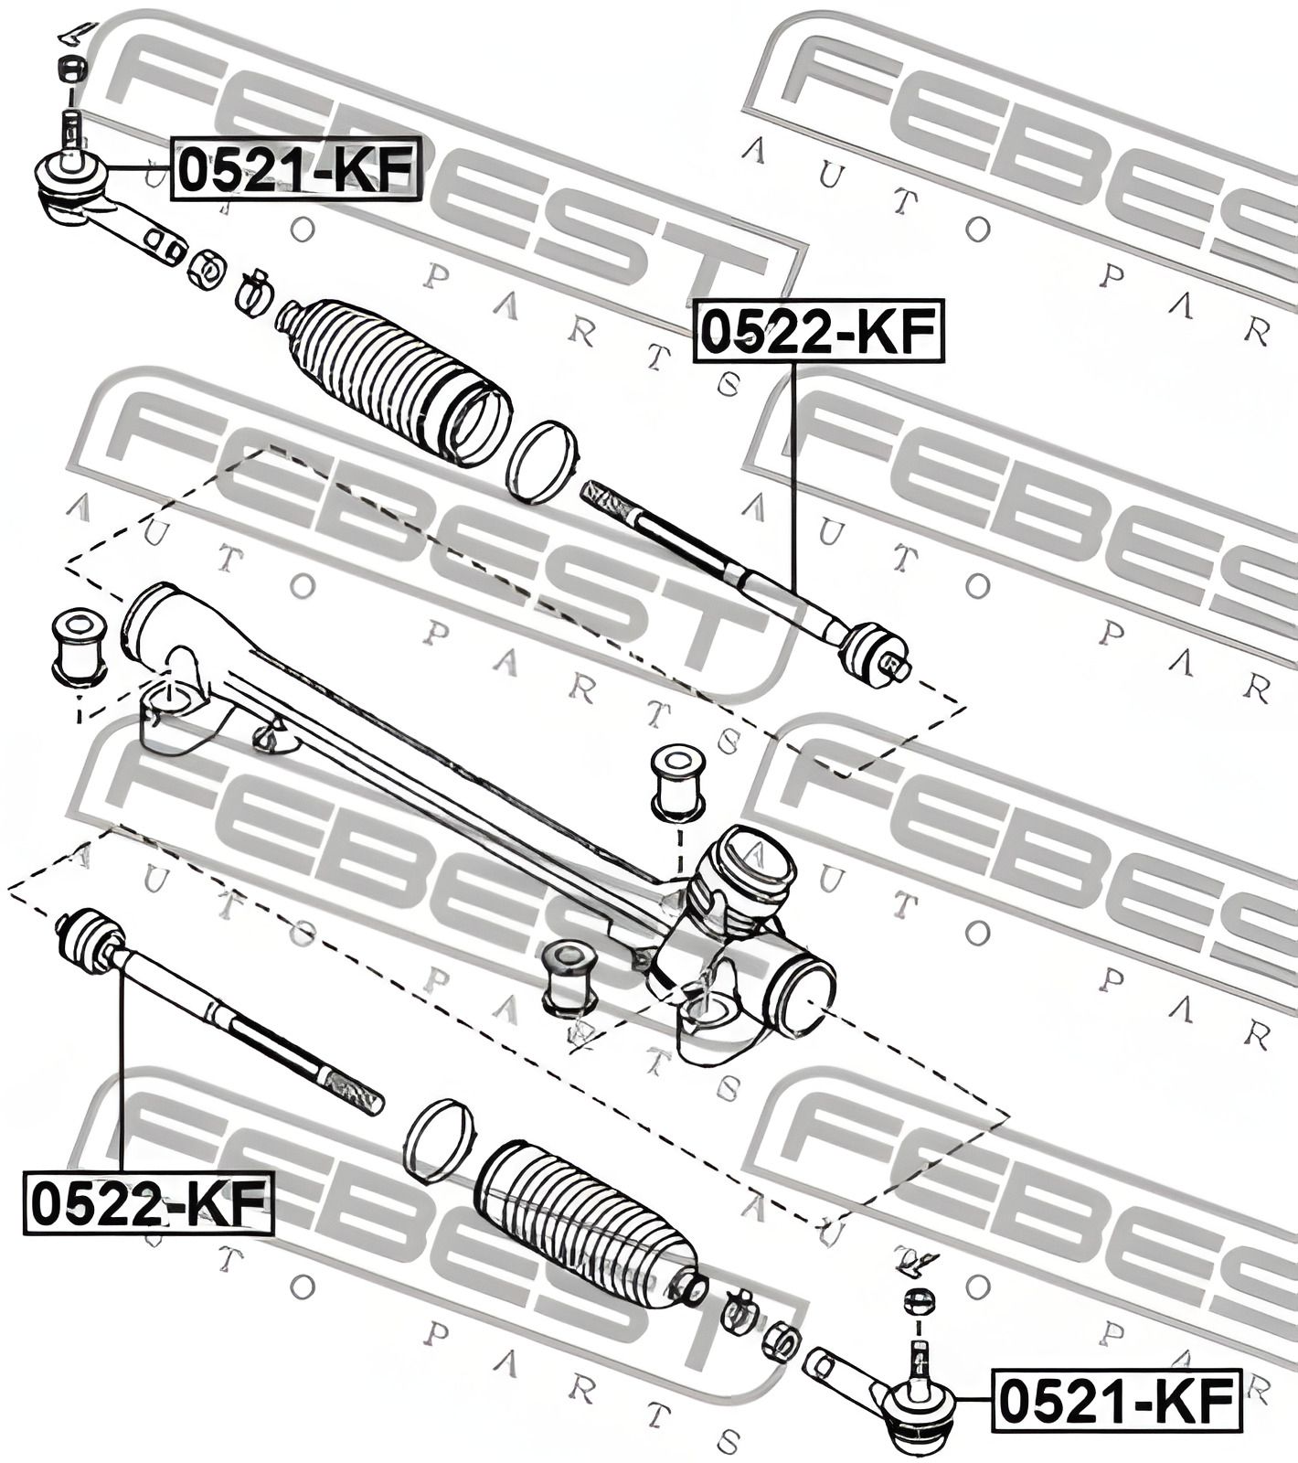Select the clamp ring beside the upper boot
tap(543, 462)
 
